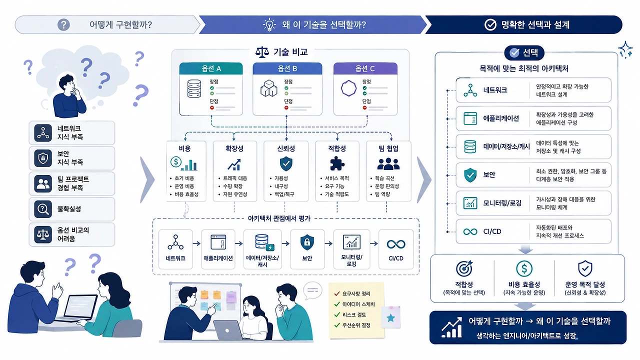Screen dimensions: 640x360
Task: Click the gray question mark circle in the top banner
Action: (x=63, y=25)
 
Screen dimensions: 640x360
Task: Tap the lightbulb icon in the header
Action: (x=269, y=25)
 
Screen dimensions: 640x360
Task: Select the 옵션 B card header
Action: (x=287, y=68)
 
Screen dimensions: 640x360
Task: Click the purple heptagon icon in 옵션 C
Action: (x=348, y=88)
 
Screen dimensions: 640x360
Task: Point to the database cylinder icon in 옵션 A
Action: (x=194, y=88)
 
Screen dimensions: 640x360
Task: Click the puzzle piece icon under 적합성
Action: (x=337, y=163)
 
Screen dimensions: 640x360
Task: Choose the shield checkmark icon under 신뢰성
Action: (x=286, y=163)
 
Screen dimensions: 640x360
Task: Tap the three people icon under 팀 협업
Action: (x=388, y=163)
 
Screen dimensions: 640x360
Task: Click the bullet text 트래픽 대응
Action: (x=235, y=178)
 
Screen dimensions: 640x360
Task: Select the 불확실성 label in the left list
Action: (x=69, y=209)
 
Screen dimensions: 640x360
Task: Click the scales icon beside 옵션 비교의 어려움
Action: (x=43, y=234)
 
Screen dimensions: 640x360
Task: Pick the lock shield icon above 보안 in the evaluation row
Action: (x=307, y=242)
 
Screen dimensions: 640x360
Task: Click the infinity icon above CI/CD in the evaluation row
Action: (x=396, y=244)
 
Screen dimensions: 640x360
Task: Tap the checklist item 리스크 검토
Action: (x=354, y=315)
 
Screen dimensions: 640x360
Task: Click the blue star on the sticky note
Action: (x=390, y=317)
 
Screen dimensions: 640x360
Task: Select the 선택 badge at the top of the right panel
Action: (x=524, y=52)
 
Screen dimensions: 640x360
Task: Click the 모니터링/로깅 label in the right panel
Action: (x=502, y=203)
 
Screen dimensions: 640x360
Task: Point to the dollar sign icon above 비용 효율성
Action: (x=524, y=268)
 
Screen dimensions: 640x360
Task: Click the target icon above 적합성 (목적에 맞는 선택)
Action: (x=464, y=268)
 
